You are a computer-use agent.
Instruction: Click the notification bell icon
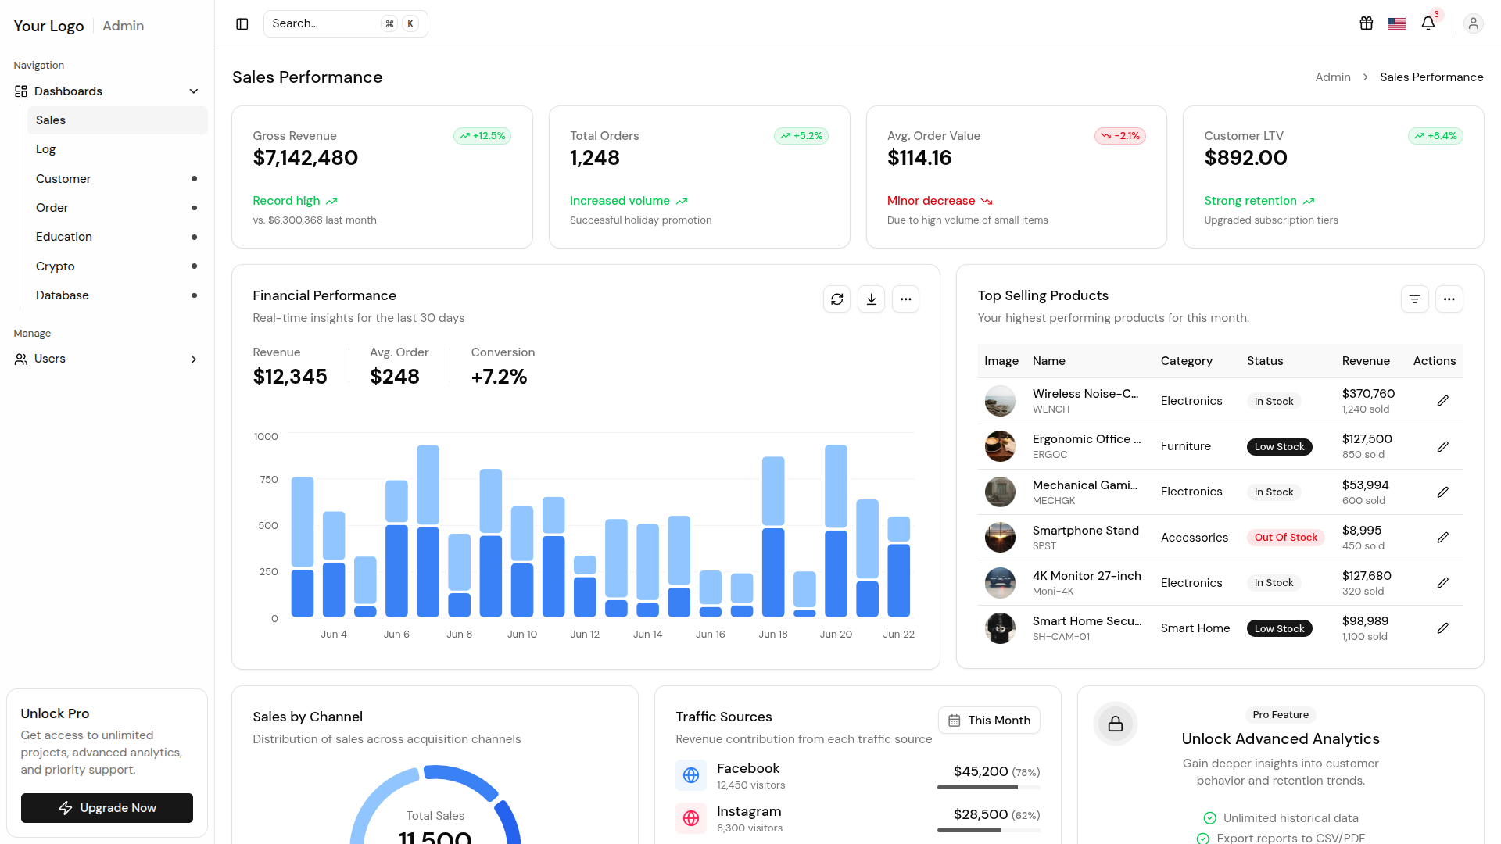click(x=1428, y=23)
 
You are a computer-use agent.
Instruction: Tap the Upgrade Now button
click(x=107, y=808)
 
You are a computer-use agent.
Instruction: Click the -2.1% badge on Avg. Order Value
click(x=1120, y=136)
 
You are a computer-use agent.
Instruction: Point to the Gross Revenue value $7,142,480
click(x=306, y=158)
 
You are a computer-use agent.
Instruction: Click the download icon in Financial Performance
click(x=872, y=299)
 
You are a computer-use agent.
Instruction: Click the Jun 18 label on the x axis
click(x=773, y=635)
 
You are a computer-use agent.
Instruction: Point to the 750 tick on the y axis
click(x=269, y=480)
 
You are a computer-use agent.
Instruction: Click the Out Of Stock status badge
click(x=1286, y=538)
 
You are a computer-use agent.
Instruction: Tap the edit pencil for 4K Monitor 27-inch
click(x=1443, y=583)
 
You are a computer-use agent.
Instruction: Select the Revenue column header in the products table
click(x=1366, y=361)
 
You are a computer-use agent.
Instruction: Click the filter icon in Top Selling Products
click(x=1415, y=299)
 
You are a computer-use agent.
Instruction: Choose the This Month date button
click(x=989, y=721)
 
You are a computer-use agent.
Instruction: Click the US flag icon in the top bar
click(x=1397, y=23)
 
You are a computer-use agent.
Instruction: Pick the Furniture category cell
click(x=1186, y=446)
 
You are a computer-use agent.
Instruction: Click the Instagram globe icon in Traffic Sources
click(x=691, y=818)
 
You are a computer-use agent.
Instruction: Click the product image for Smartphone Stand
click(x=1000, y=538)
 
